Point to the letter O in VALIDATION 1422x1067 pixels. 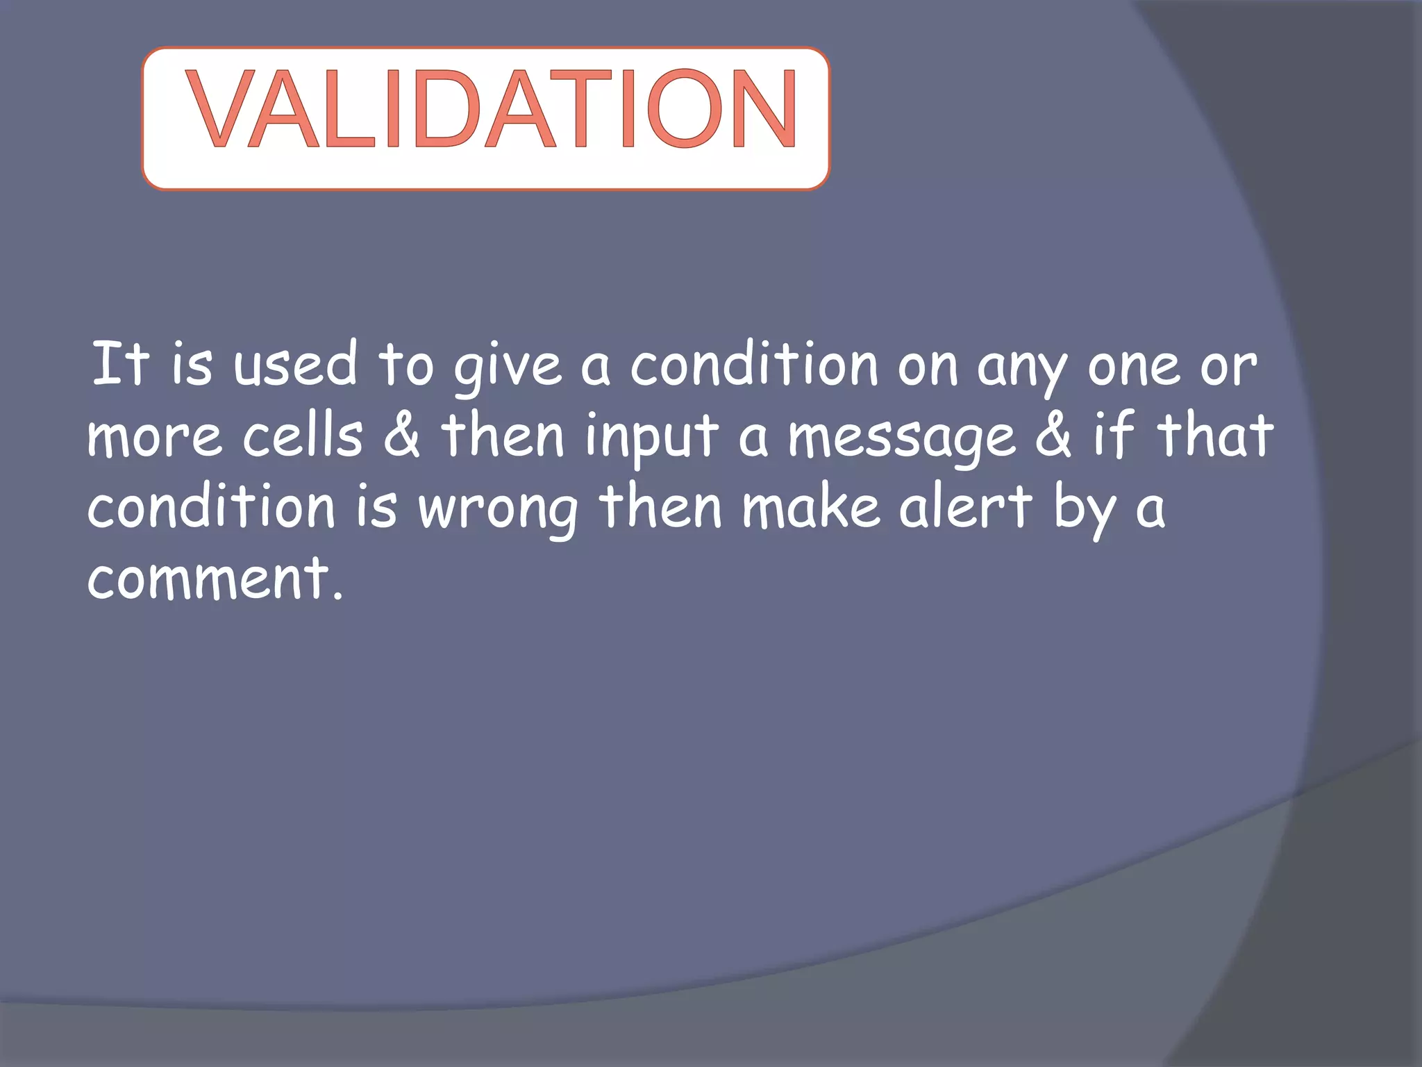684,109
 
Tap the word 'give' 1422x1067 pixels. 508,368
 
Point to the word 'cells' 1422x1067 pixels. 303,436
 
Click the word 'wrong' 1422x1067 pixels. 499,511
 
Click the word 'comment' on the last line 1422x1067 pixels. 208,578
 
